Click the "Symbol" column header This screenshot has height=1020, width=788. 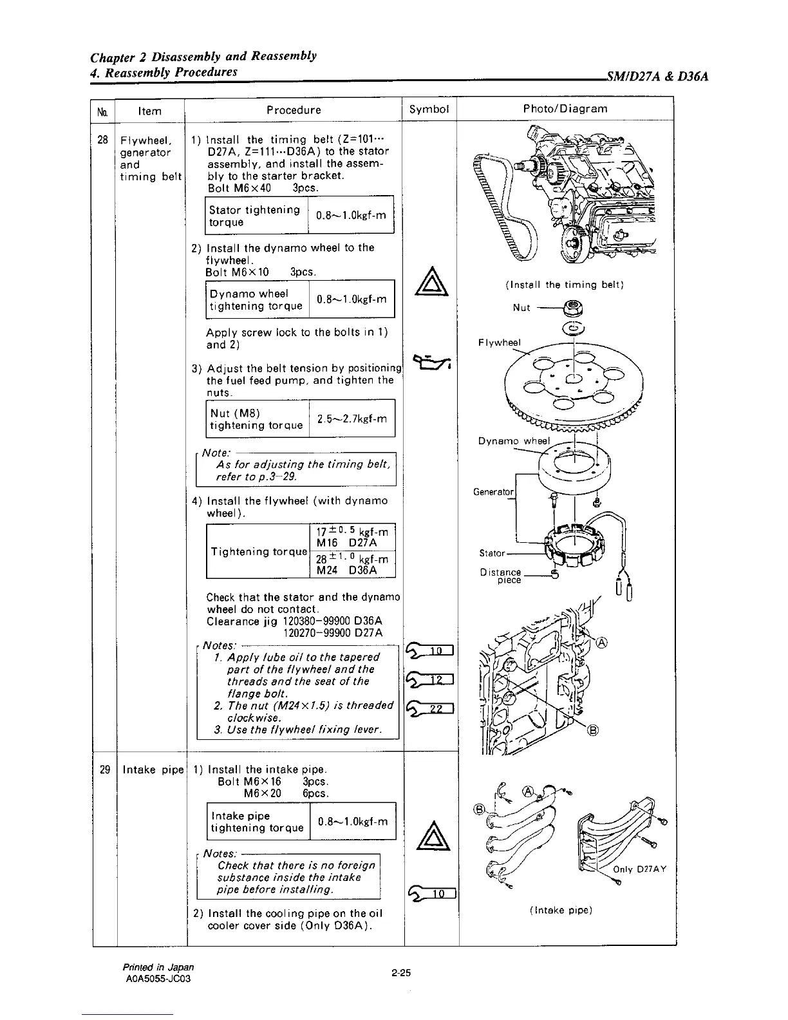[x=429, y=109]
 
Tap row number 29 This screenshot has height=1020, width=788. [x=105, y=770]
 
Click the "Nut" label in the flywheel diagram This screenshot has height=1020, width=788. [x=521, y=308]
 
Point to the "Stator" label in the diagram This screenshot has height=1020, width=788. [x=492, y=553]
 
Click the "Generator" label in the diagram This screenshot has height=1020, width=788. [x=494, y=492]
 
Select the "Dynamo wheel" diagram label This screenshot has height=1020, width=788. [x=513, y=441]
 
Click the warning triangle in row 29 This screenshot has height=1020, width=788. [x=429, y=837]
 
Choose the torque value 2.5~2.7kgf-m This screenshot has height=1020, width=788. [x=352, y=419]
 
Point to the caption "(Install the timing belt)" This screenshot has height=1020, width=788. [x=567, y=285]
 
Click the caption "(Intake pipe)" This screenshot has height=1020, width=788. [x=560, y=910]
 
